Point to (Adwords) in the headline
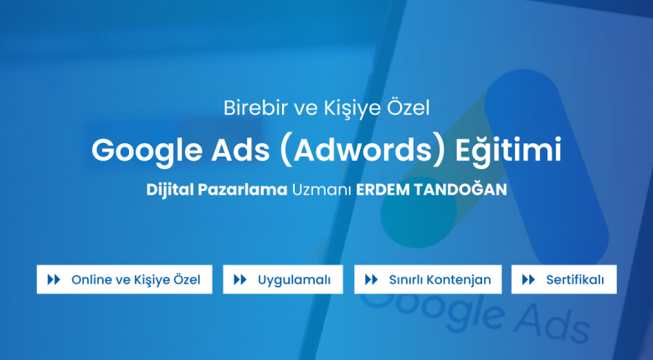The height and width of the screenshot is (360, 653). pyautogui.click(x=362, y=151)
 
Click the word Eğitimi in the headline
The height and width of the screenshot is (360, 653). pyautogui.click(x=508, y=151)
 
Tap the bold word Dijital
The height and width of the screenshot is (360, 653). pyautogui.click(x=170, y=190)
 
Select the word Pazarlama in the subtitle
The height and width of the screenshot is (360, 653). pyautogui.click(x=243, y=190)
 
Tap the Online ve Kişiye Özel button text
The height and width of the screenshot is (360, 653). pyautogui.click(x=136, y=280)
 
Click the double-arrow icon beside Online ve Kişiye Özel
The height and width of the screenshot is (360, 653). pyautogui.click(x=54, y=280)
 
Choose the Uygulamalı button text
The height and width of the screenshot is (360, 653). pyautogui.click(x=294, y=280)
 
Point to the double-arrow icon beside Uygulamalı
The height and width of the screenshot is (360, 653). pyautogui.click(x=240, y=280)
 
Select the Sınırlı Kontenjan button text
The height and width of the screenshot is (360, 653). pyautogui.click(x=440, y=280)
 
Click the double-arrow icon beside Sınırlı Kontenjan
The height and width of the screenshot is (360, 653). pyautogui.click(x=371, y=280)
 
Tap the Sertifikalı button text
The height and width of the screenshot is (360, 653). pyautogui.click(x=574, y=280)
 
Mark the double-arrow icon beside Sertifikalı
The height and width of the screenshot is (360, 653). pyautogui.click(x=528, y=280)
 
